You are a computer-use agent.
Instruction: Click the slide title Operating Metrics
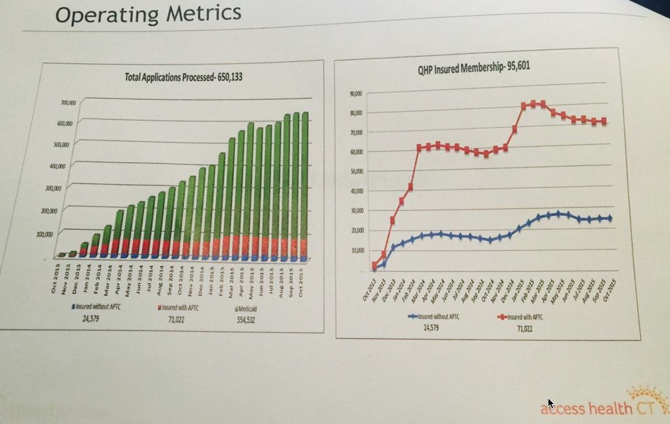coord(148,14)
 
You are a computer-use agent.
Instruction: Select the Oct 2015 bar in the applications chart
coord(305,186)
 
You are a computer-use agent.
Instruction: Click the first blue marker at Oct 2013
coord(375,268)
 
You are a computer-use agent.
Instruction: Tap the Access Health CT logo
coord(605,407)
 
